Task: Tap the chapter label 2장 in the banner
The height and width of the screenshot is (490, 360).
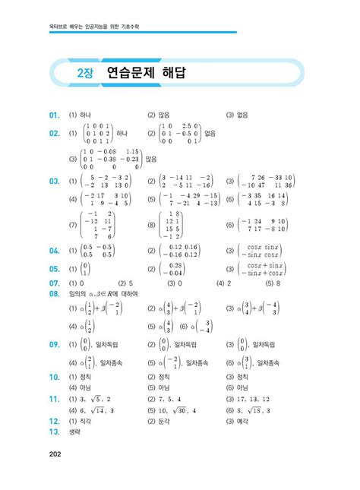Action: (x=85, y=74)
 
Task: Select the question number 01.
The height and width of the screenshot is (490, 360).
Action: (x=54, y=115)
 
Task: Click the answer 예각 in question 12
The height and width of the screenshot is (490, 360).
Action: (x=242, y=420)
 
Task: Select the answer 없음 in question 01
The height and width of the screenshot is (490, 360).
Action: (x=242, y=115)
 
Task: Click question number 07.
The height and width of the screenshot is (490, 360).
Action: (x=54, y=283)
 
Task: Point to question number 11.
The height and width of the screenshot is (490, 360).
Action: (x=54, y=397)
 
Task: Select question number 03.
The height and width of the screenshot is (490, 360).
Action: (x=54, y=181)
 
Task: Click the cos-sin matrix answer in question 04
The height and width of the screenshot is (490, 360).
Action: (x=263, y=251)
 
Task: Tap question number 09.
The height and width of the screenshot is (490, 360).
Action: (x=54, y=344)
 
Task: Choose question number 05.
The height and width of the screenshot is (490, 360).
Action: (x=54, y=269)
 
